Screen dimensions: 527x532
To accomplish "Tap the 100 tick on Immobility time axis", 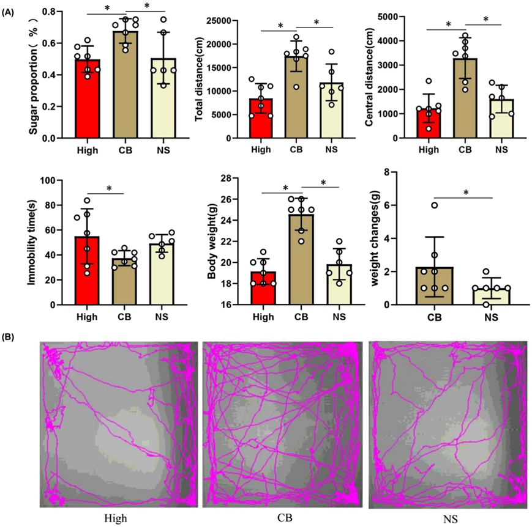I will [x=59, y=180].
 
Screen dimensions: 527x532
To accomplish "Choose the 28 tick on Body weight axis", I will [x=230, y=179].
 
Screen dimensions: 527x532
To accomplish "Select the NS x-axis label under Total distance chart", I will [x=331, y=150].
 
